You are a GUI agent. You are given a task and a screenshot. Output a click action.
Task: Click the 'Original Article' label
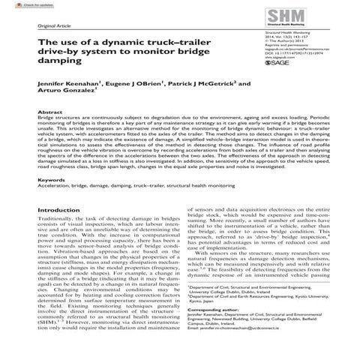coord(53,28)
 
